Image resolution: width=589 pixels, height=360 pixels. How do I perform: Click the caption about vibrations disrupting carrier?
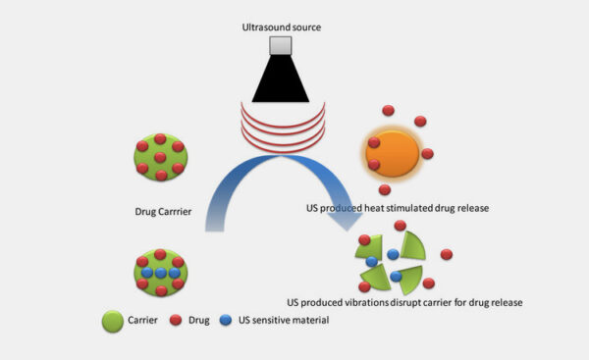[x=402, y=301]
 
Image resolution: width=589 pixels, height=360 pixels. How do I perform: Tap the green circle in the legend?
[x=111, y=322]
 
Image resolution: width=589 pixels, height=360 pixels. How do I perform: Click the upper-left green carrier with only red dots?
[x=159, y=157]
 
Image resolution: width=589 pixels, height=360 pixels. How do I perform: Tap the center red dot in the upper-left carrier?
[x=159, y=157]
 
